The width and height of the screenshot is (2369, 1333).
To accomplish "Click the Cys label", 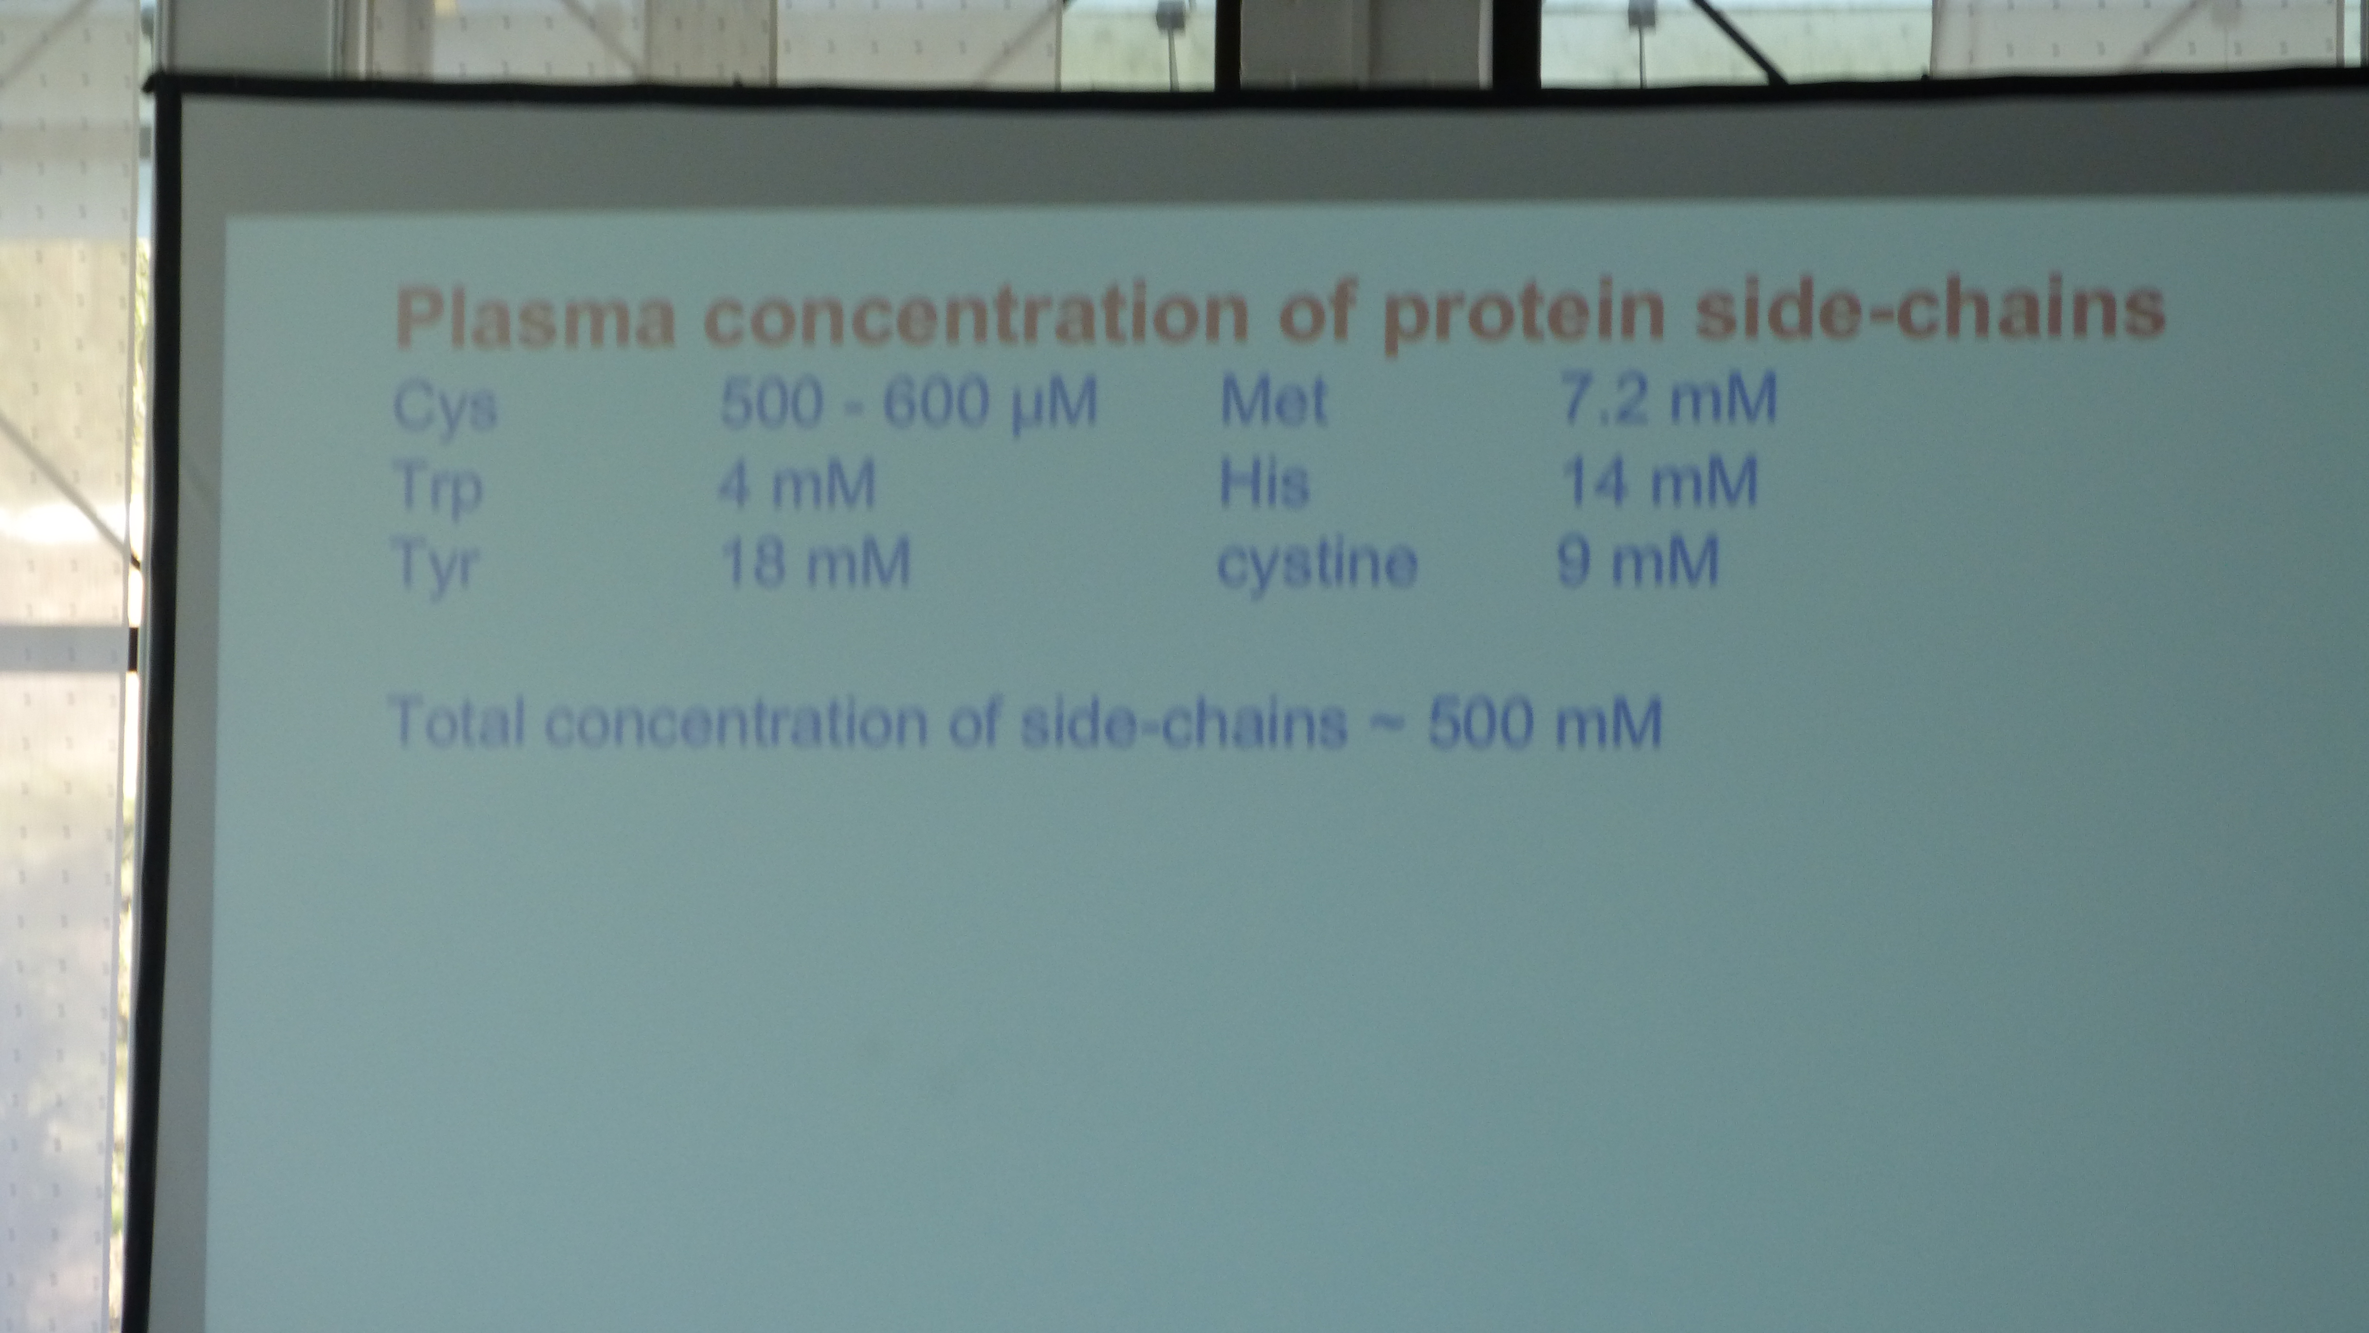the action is click(x=445, y=407).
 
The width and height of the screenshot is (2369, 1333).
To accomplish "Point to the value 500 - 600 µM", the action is click(x=908, y=404).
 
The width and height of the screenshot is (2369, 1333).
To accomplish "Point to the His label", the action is click(x=1264, y=481).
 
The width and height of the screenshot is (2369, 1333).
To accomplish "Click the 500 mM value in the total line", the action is click(x=1545, y=722).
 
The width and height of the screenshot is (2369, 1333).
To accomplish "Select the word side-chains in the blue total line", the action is click(x=1184, y=722).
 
